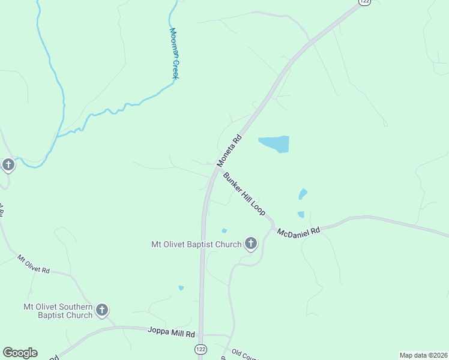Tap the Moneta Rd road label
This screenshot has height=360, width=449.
click(229, 151)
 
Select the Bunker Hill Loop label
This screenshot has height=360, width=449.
click(244, 194)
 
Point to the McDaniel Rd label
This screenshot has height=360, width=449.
click(299, 230)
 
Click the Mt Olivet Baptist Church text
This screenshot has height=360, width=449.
click(196, 244)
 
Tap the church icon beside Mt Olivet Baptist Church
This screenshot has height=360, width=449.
click(251, 244)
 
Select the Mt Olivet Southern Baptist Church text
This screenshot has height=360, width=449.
click(58, 310)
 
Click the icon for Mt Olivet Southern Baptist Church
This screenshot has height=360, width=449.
click(102, 310)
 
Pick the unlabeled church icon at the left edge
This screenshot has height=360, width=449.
click(8, 164)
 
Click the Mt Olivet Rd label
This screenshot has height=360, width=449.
click(33, 265)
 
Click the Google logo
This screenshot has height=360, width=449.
click(20, 353)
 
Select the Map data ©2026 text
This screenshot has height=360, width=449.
click(423, 355)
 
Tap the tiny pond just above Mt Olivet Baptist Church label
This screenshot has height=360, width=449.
click(224, 230)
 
